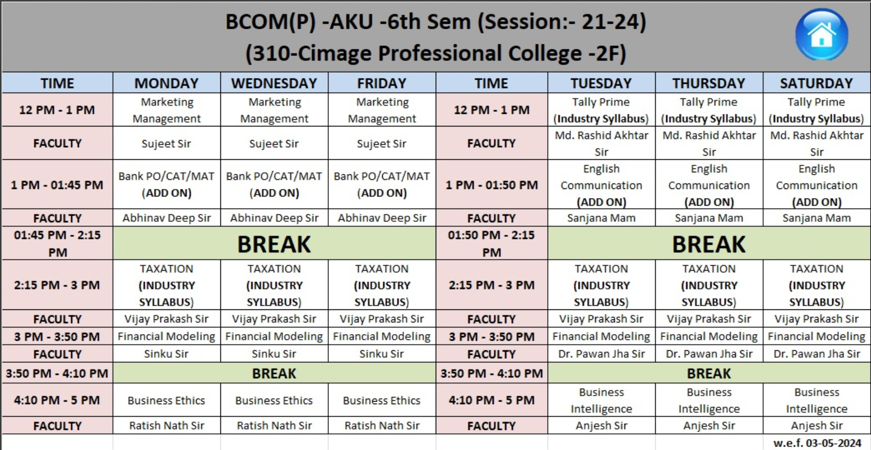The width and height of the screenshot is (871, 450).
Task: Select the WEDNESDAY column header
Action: click(x=274, y=83)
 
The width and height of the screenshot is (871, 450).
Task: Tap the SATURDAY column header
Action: click(x=817, y=83)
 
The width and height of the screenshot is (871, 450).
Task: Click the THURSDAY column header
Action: click(x=709, y=83)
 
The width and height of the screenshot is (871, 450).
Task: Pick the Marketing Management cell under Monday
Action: click(x=166, y=110)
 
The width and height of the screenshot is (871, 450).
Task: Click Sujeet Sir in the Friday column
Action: click(x=382, y=144)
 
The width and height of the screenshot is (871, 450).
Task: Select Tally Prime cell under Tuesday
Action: click(x=601, y=110)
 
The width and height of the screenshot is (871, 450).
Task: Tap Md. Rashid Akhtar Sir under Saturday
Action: click(x=817, y=144)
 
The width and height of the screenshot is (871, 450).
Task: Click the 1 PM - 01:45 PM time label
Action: click(x=57, y=185)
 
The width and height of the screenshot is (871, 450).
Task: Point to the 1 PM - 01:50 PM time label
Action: click(x=492, y=185)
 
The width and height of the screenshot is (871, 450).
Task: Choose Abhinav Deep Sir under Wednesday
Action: click(x=274, y=218)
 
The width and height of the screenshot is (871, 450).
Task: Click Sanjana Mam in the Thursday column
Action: click(x=709, y=218)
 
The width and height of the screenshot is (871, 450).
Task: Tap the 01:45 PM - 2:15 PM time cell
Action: click(x=57, y=243)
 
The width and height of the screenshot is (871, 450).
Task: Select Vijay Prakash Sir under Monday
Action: click(x=166, y=319)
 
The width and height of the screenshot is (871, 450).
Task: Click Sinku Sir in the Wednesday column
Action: click(x=274, y=354)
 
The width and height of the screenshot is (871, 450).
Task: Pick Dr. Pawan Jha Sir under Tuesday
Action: click(x=601, y=354)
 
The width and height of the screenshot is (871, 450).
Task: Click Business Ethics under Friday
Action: click(x=382, y=401)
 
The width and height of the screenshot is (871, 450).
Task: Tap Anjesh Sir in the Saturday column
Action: click(x=817, y=426)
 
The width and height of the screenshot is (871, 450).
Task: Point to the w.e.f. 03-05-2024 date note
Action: click(x=817, y=443)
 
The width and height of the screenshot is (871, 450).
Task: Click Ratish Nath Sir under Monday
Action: click(x=166, y=426)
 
